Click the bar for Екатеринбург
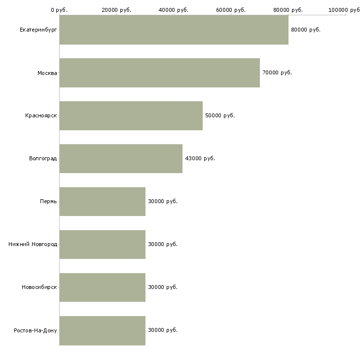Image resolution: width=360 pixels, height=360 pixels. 174,30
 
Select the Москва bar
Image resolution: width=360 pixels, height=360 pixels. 160,73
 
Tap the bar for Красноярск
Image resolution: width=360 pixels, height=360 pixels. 131,116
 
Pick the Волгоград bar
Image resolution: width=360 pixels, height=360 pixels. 121,159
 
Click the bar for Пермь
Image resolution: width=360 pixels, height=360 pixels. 103,202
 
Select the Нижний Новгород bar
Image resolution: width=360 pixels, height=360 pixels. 103,245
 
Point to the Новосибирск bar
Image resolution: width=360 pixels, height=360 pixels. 103,288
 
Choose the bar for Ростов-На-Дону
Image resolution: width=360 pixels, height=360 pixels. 103,330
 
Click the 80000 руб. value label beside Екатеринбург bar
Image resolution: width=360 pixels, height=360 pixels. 306,30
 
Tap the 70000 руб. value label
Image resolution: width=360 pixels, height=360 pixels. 277,73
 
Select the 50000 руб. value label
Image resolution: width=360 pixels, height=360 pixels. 220,115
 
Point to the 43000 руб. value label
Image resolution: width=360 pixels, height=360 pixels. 200,158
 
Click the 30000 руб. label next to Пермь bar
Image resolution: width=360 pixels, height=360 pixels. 163,201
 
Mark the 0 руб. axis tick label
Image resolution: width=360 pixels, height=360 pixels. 59,10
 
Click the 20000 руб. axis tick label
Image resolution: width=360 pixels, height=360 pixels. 116,10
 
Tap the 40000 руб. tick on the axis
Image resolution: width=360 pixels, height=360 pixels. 174,10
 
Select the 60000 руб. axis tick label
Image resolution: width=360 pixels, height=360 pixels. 231,10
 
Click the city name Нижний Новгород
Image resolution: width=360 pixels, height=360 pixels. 33,244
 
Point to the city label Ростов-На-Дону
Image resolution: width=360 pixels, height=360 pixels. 35,330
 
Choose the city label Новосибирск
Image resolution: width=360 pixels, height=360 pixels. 39,287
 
